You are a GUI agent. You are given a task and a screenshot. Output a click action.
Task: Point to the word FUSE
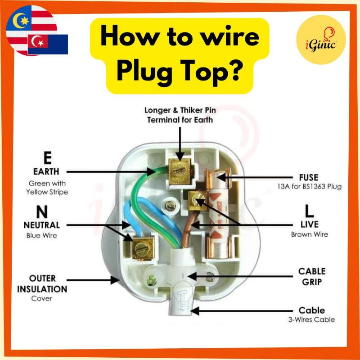coord(308,177)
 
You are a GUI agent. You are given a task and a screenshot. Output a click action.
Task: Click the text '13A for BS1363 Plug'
coord(309,187)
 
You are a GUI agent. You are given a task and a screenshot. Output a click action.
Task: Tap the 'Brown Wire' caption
coord(310,234)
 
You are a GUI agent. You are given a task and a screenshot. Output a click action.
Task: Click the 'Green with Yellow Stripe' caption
coord(47,188)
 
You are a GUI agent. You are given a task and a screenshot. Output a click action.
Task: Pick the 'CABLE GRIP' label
coord(312,277)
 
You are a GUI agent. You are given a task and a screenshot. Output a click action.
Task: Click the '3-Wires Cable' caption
coord(312,320)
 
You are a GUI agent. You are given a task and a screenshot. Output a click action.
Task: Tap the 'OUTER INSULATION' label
coord(42,283)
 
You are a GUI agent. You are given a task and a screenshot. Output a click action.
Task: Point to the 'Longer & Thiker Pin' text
coord(179,110)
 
